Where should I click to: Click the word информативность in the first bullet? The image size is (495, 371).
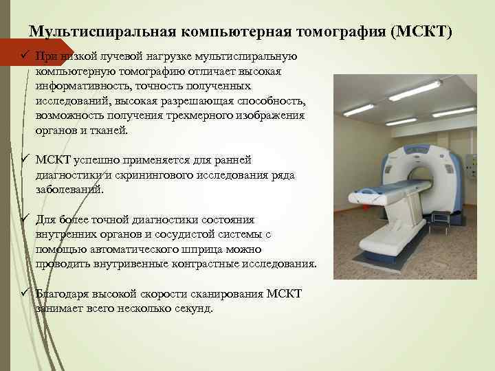[80, 86]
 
